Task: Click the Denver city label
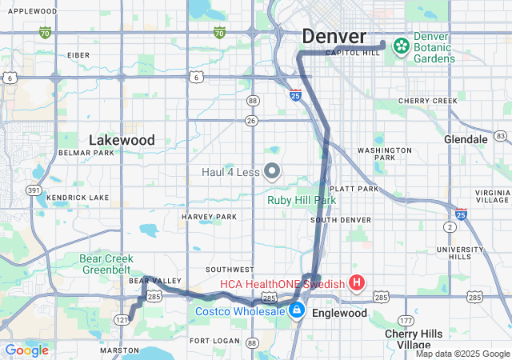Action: tap(334, 37)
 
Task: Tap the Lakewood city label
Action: tap(122, 140)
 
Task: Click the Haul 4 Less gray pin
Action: tap(272, 171)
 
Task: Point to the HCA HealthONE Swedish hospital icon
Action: tap(357, 283)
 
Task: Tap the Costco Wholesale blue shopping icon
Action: tap(297, 310)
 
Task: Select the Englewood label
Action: tap(340, 313)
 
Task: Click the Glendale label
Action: tap(466, 139)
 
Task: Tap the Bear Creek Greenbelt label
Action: tap(112, 264)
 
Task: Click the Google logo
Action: tap(26, 350)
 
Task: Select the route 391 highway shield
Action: tap(34, 190)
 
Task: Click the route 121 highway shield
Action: tap(121, 320)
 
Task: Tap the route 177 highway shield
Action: tap(407, 320)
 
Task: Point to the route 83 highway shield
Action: tap(502, 136)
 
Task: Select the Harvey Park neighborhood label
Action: tap(210, 217)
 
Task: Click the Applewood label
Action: tap(31, 11)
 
